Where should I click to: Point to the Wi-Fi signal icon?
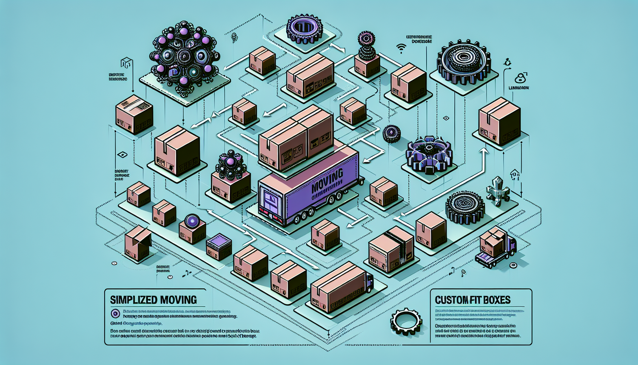400,48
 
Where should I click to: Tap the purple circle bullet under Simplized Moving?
115,314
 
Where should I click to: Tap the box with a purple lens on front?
192,228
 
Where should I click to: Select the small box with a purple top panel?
219,247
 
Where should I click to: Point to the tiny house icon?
515,174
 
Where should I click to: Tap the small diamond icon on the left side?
122,155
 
